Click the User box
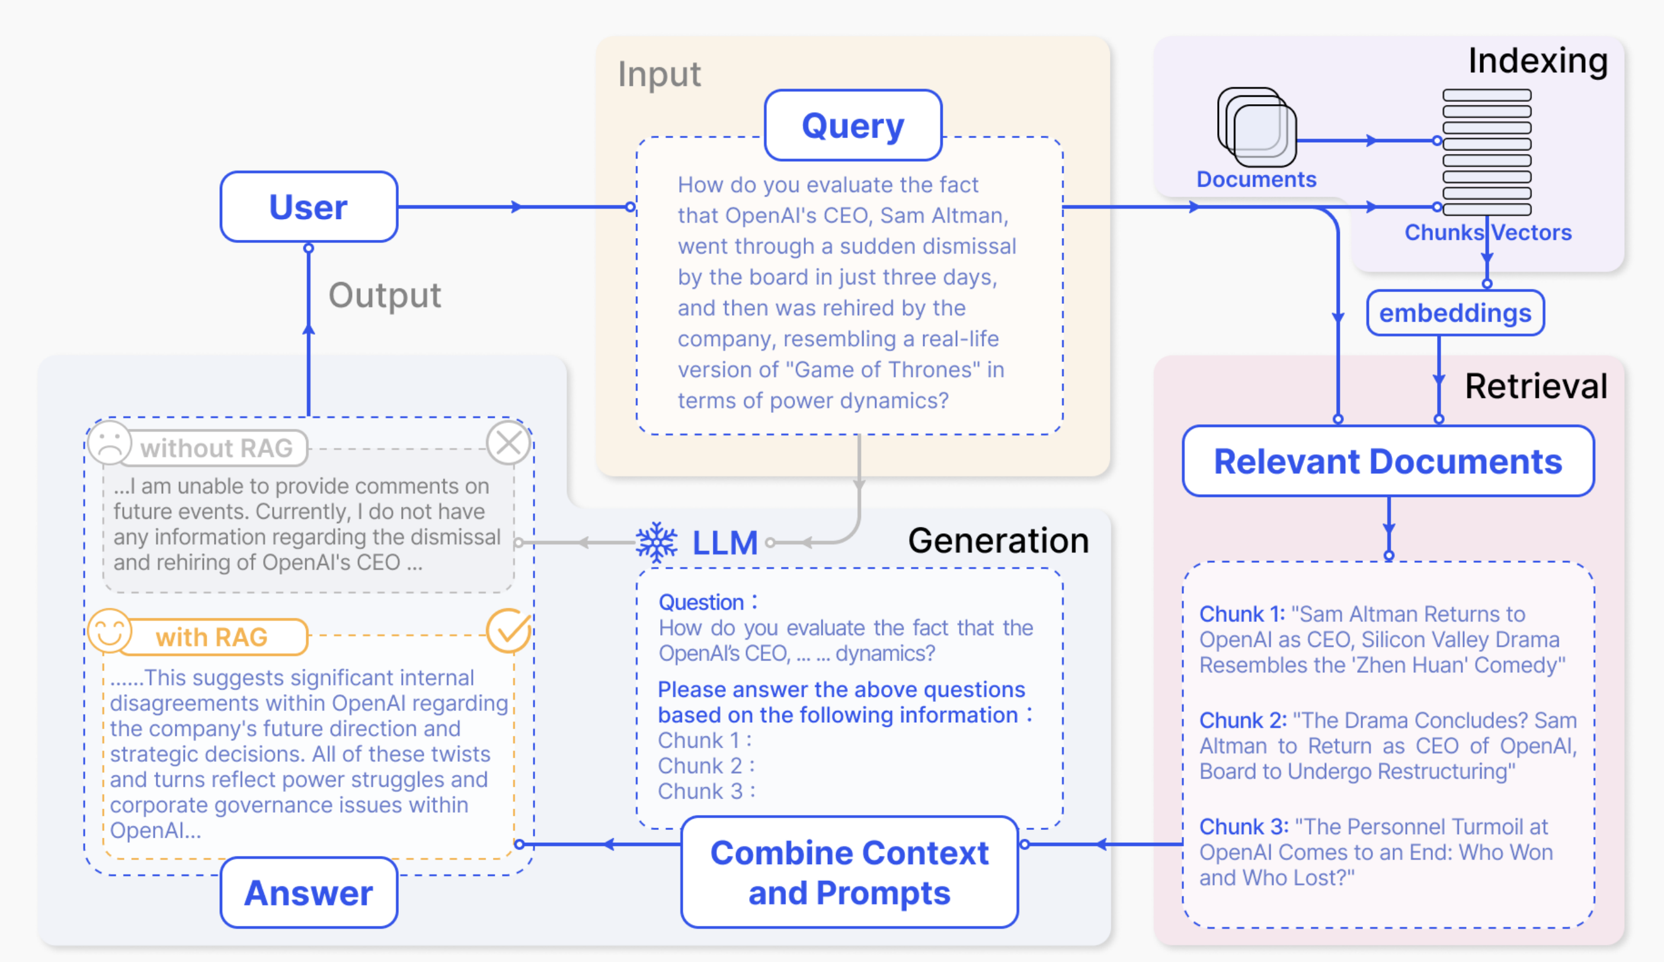(308, 207)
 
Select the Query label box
(853, 126)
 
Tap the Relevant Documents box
(1388, 461)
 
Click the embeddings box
(1455, 313)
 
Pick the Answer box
(308, 893)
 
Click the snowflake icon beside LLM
(657, 542)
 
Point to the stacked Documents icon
(1256, 127)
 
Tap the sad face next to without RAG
(110, 442)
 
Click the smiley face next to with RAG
(110, 630)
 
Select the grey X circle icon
(508, 443)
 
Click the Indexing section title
(1537, 61)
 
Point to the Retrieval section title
(1536, 386)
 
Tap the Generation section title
(998, 541)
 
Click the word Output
(385, 295)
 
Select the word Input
(659, 74)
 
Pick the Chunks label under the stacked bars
(1444, 232)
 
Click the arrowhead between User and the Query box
(517, 207)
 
